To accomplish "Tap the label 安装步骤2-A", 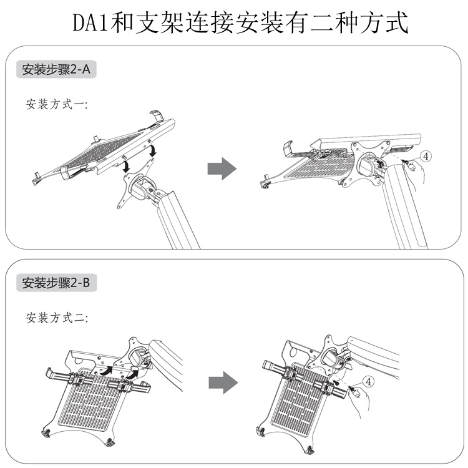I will point(56,70).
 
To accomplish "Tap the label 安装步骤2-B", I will point(56,283).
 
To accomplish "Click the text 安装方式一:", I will point(57,104).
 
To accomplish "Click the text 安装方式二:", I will point(57,318).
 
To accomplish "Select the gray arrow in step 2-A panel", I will point(222,168).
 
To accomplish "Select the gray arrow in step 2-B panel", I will point(222,382).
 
